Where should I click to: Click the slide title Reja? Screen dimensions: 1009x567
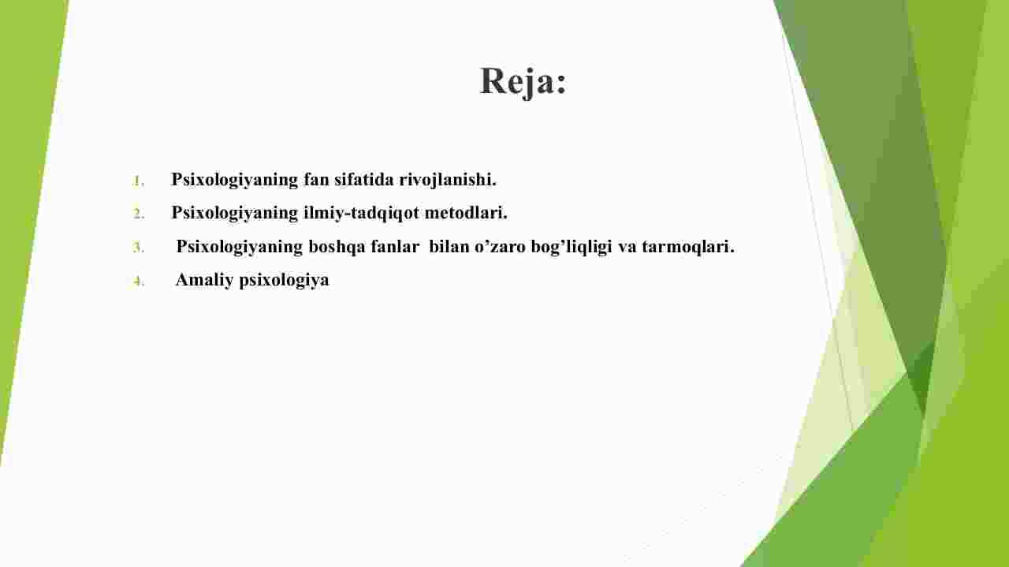(x=523, y=81)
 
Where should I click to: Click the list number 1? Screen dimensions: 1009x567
(x=138, y=181)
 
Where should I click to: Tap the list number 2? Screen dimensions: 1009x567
(x=138, y=214)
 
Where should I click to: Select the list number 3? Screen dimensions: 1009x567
(x=138, y=248)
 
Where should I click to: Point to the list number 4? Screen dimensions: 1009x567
(x=138, y=282)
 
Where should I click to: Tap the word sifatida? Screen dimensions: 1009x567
(x=364, y=179)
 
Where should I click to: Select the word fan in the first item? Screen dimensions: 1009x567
(x=316, y=180)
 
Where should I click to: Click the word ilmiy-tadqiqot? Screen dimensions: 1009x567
(x=361, y=213)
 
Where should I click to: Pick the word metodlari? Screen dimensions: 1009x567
(x=466, y=212)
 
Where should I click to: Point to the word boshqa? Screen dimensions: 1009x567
(x=337, y=247)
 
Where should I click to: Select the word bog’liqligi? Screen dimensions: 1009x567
(x=572, y=247)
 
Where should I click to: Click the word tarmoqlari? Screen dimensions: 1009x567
(x=688, y=247)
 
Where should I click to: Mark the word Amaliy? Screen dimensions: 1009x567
(x=204, y=280)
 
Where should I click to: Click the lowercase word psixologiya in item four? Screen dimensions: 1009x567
(x=285, y=281)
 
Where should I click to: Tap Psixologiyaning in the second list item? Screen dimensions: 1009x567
(x=235, y=213)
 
